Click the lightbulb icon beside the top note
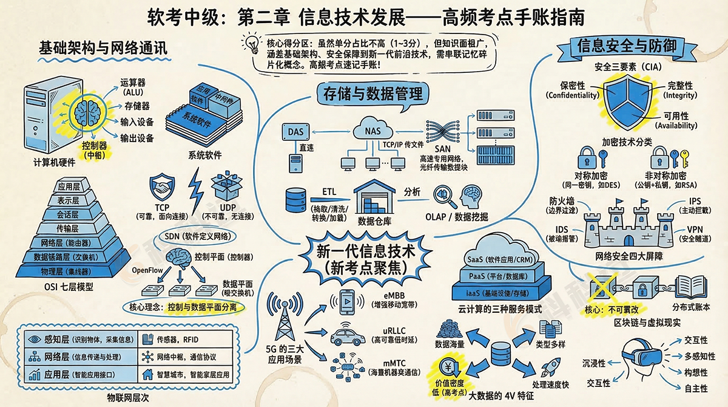tap(251, 44)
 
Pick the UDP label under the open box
tap(227, 208)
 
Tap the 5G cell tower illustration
tap(284, 320)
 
